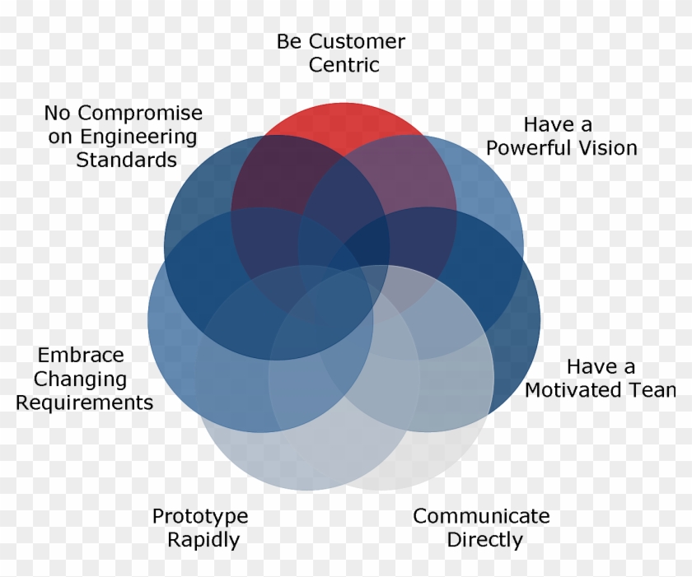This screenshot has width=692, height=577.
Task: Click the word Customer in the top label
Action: point(357,42)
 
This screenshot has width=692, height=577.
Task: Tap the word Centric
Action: point(344,65)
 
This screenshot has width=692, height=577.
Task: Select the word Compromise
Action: point(140,114)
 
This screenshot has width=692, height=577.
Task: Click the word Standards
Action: point(126,159)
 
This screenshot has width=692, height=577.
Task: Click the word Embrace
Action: point(81,356)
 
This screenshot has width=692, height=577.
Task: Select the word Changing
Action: point(80,379)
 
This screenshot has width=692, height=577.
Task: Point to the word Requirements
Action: point(84,403)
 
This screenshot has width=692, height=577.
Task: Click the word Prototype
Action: point(200,517)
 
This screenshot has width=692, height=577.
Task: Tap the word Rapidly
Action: point(203,540)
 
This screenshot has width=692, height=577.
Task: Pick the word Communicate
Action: point(481,516)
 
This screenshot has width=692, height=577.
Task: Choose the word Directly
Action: point(484,540)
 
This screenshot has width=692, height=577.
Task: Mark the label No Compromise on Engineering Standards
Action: point(124,136)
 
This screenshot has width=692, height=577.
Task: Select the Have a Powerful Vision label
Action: point(562,136)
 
